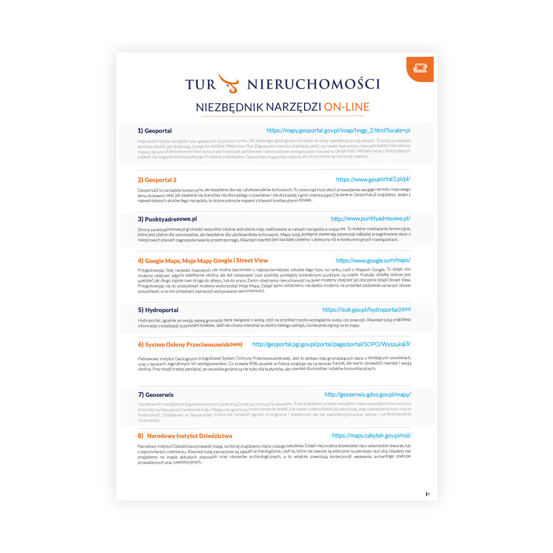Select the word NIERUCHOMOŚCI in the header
[x=313, y=84]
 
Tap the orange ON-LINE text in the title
[x=346, y=107]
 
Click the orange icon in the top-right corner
[x=420, y=68]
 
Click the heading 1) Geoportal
[x=154, y=131]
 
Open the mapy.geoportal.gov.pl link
[x=339, y=131]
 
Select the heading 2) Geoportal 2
[x=157, y=180]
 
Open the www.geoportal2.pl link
[x=373, y=179]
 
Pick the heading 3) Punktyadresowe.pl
[x=167, y=219]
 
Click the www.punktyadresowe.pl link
[x=370, y=219]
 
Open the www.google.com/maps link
[x=373, y=260]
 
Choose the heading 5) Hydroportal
[x=158, y=310]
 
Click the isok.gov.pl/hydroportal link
[x=366, y=309]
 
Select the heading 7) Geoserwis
[x=156, y=395]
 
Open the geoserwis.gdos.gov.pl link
[x=367, y=395]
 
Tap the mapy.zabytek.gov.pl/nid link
[x=371, y=435]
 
